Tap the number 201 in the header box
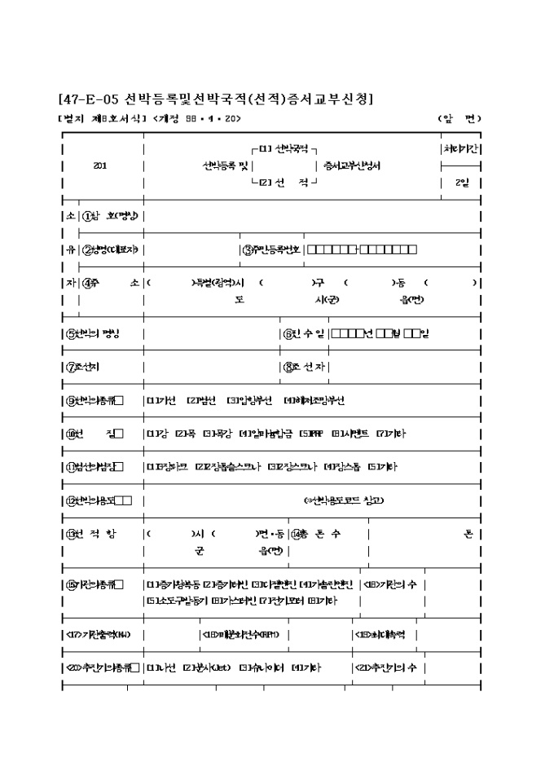coord(100,165)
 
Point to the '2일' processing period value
coord(461,183)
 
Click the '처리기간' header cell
coord(461,150)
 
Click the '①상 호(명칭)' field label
coord(112,216)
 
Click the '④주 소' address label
coord(111,283)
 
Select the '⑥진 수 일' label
coord(305,333)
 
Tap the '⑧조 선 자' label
coord(305,367)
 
